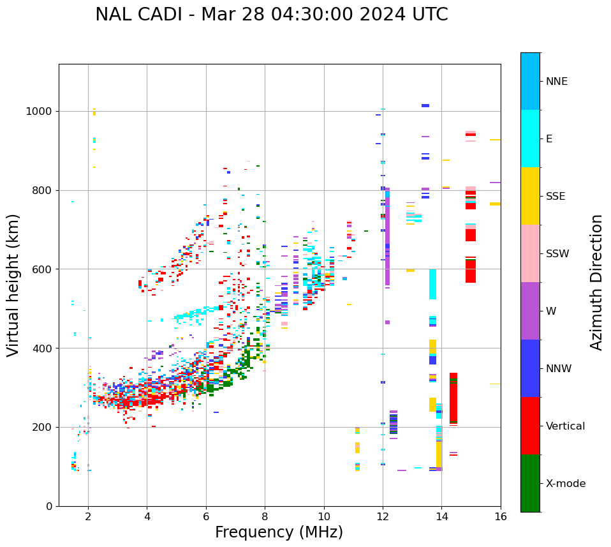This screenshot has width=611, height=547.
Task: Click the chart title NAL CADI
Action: point(271,15)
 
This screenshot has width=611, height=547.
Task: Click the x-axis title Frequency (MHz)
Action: point(279,532)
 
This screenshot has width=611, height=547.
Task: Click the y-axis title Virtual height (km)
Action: point(13,285)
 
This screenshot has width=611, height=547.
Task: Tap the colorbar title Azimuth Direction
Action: point(596,282)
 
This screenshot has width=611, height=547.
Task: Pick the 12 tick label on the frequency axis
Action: point(383,516)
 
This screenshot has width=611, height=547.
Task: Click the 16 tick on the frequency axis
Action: point(501,516)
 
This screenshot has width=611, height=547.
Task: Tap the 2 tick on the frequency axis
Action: point(88,516)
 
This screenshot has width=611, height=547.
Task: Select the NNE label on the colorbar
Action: point(556,82)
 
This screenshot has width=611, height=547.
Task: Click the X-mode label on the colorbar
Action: point(566,484)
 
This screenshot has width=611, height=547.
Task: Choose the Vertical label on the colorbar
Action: point(565,426)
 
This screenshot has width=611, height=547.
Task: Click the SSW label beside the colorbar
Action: point(557,254)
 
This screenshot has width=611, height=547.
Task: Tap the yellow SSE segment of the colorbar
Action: point(530,196)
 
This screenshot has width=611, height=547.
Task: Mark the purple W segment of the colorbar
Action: point(530,311)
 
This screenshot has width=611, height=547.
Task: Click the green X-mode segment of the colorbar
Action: point(530,483)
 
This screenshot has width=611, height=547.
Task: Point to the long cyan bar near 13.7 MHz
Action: point(432,284)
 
